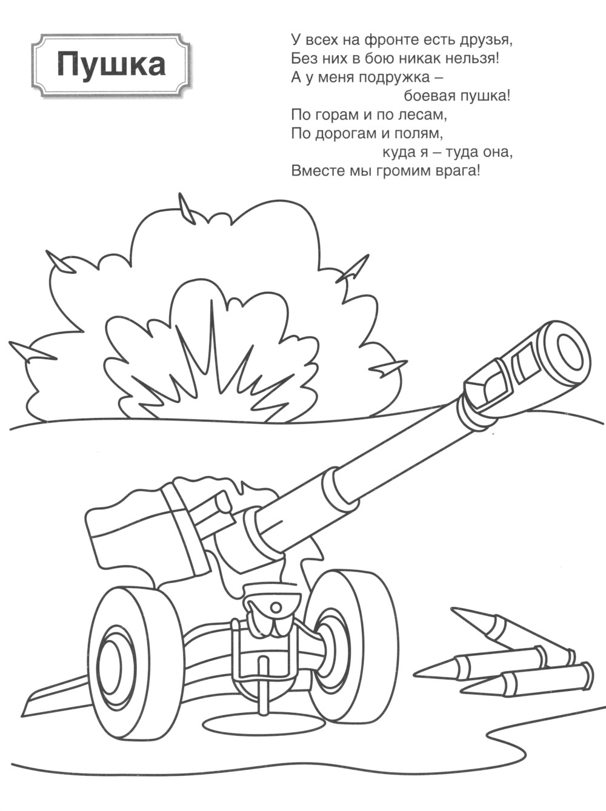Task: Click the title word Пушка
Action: click(x=110, y=66)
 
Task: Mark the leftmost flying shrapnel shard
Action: click(x=32, y=351)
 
